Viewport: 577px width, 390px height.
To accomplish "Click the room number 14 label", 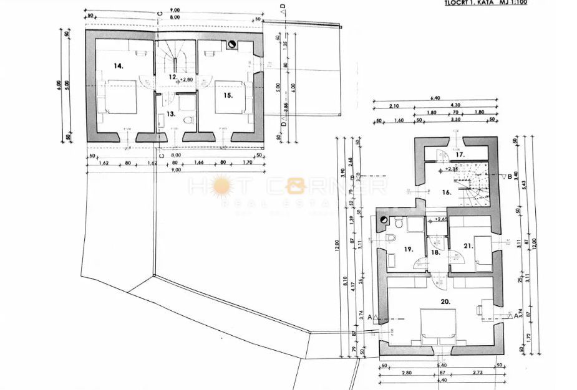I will (x=119, y=65).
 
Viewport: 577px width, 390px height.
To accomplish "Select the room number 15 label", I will (x=228, y=95).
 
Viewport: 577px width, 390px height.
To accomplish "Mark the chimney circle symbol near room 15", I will (x=232, y=44).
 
